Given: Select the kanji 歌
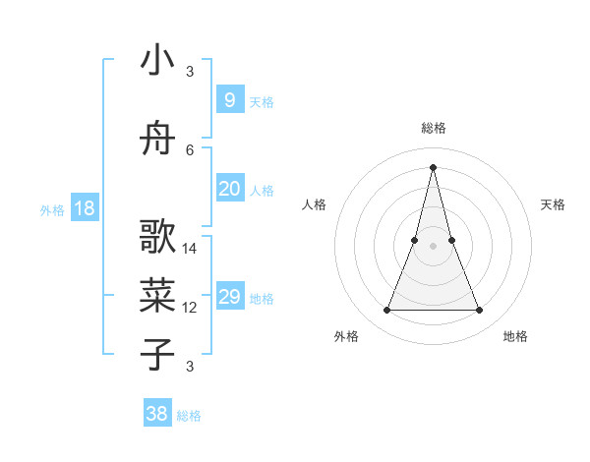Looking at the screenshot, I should point(157,238).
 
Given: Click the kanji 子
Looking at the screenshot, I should point(157,355).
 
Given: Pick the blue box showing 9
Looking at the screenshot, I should point(229,99).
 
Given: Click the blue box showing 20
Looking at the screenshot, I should point(229,189).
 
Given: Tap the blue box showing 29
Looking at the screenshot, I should point(229,297).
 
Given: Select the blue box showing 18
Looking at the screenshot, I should point(84,207).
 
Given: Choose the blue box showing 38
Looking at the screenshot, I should point(157,414).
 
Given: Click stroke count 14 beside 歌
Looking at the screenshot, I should point(190,248).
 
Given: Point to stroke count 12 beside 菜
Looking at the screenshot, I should point(190,308).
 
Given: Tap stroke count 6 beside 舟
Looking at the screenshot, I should point(190,149).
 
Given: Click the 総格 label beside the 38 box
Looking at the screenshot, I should point(189,416).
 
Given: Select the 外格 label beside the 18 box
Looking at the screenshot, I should point(51,209).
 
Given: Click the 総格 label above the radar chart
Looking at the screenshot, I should point(433,128).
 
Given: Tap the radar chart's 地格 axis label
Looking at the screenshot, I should point(515,336).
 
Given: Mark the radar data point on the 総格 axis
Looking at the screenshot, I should point(433,166).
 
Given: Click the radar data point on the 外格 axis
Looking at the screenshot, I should point(386,311).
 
